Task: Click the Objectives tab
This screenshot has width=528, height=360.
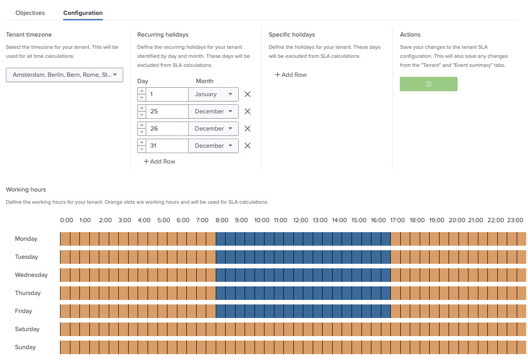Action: point(30,13)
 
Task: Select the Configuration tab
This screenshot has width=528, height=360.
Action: point(83,13)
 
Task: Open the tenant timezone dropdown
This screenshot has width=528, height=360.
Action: point(65,75)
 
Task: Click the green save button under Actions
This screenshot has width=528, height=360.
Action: point(428,84)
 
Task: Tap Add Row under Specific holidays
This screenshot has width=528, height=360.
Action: point(291,75)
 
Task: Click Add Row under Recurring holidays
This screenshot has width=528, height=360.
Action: point(159,162)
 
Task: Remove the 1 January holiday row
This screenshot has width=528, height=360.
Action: point(247,94)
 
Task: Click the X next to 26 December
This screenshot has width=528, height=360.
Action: point(247,129)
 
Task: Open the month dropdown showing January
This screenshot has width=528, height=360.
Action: point(213,94)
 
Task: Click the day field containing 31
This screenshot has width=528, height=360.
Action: point(167,146)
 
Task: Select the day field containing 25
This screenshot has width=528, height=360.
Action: point(167,112)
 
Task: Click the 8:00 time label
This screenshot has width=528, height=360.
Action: point(222,220)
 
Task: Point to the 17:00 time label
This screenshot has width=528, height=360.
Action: point(397,220)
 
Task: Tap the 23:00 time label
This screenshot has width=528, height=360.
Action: point(515,220)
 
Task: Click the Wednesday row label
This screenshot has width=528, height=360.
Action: point(31,275)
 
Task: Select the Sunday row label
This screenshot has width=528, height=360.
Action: point(25,347)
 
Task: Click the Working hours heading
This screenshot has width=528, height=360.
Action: point(26,190)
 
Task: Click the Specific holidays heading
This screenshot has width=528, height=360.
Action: point(292,35)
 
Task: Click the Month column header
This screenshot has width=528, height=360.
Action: point(204,81)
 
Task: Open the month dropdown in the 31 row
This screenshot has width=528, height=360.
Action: point(213,146)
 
